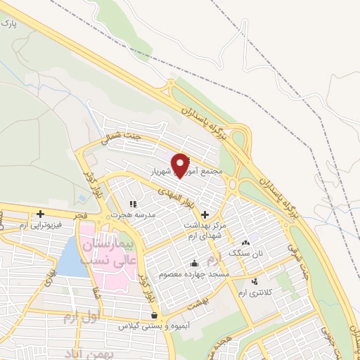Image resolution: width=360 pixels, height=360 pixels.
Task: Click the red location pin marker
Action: (x=181, y=165)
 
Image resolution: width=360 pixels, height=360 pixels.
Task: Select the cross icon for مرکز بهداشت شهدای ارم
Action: (x=205, y=214)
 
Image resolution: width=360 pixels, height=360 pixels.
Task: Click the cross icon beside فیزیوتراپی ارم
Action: (x=41, y=214)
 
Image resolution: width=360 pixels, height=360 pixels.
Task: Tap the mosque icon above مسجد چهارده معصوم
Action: (x=194, y=264)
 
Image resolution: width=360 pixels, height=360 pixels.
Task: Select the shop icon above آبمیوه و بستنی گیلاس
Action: (x=154, y=315)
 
